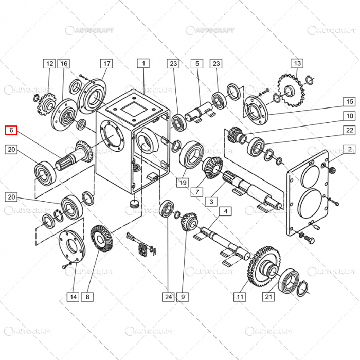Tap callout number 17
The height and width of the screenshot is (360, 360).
106,64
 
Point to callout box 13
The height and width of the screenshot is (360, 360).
297,64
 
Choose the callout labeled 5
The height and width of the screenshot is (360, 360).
196,64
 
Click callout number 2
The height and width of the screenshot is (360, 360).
349,150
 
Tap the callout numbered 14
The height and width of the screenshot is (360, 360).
73,296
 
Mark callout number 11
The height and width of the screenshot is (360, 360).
239,296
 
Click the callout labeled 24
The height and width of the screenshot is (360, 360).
168,296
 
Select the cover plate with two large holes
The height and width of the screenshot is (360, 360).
308,190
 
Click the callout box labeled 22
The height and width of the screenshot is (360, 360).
349,130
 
